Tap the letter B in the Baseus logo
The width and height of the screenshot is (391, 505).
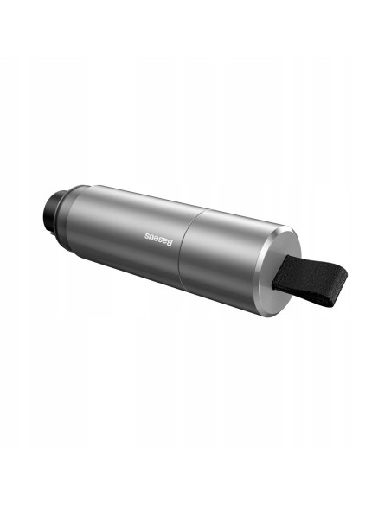(170, 242)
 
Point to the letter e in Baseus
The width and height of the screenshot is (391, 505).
(157, 239)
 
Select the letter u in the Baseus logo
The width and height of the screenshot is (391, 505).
(151, 237)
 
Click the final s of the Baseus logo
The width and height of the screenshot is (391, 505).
(146, 236)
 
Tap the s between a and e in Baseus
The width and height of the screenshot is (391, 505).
(161, 240)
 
